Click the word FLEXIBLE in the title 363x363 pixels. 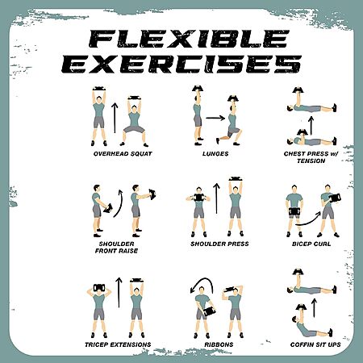point(188,39)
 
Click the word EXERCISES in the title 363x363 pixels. point(181,65)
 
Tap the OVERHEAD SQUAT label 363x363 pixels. point(123,154)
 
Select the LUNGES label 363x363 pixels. point(215,154)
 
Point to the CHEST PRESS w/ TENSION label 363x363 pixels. point(311,157)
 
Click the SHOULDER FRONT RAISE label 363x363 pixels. point(116,248)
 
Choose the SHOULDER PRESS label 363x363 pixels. point(219,244)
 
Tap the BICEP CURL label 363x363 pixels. point(311,244)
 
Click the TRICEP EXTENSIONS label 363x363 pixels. point(118,344)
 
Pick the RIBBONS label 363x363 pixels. point(219,344)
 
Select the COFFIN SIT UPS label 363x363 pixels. point(315,344)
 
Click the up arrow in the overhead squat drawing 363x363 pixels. point(115,118)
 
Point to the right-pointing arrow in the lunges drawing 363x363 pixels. point(215,118)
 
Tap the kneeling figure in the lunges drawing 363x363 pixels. point(229,120)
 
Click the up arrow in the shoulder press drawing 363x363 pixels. point(216,198)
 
